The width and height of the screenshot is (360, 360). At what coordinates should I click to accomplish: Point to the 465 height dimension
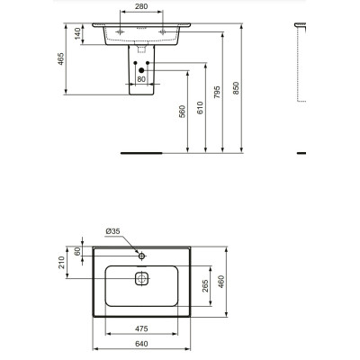(x=61, y=60)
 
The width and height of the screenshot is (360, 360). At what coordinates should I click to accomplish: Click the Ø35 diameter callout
(x=112, y=231)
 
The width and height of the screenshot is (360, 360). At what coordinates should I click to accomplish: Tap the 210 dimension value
(x=61, y=263)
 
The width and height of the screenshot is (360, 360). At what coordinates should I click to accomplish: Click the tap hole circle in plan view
(x=140, y=255)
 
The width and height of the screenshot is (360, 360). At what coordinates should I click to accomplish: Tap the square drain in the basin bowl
(x=140, y=278)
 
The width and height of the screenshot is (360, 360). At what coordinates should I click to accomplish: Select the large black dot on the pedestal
(x=140, y=70)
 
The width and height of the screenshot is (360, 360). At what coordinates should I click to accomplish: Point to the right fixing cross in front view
(x=166, y=31)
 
